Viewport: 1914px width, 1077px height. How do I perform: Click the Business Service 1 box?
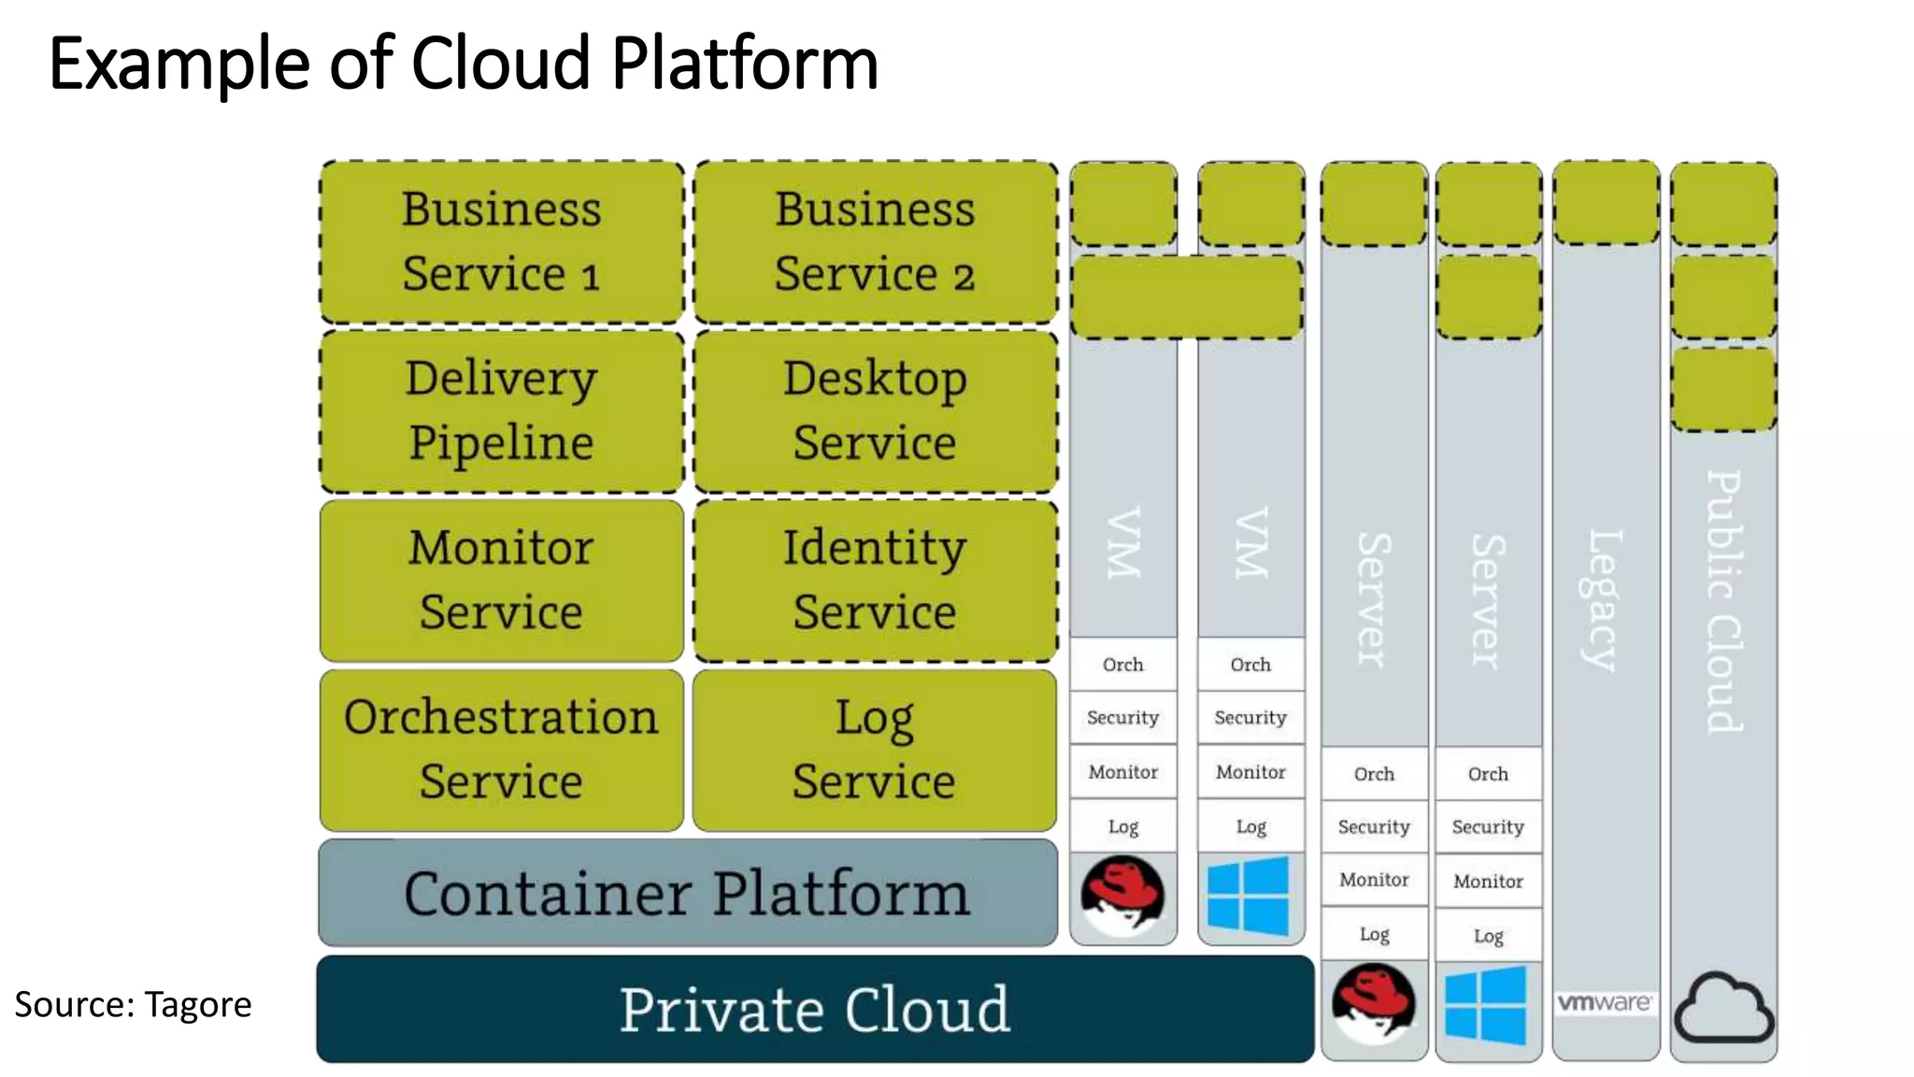pyautogui.click(x=502, y=242)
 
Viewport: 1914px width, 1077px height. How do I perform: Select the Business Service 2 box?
pyautogui.click(x=876, y=242)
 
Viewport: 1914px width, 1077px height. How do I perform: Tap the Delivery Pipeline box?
pyautogui.click(x=502, y=411)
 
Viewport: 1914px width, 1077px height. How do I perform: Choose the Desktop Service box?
pyautogui.click(x=876, y=411)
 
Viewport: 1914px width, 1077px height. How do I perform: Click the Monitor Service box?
pyautogui.click(x=502, y=581)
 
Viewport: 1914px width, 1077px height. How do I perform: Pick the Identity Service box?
pyautogui.click(x=876, y=581)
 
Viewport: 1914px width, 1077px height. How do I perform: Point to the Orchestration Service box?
pyautogui.click(x=502, y=750)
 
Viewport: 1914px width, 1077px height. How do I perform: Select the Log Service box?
pyautogui.click(x=875, y=750)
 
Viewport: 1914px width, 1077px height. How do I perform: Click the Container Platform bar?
pyautogui.click(x=688, y=893)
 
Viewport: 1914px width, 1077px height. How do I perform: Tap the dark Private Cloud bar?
pyautogui.click(x=815, y=1010)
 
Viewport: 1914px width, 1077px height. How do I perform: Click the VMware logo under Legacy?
pyautogui.click(x=1605, y=1003)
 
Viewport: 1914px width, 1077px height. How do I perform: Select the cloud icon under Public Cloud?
pyautogui.click(x=1723, y=1009)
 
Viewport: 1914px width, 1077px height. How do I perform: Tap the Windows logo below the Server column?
pyautogui.click(x=1486, y=1006)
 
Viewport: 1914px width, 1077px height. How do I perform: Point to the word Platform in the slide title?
pyautogui.click(x=745, y=64)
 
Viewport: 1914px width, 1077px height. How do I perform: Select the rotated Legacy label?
pyautogui.click(x=1605, y=600)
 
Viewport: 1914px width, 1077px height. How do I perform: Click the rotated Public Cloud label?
pyautogui.click(x=1724, y=601)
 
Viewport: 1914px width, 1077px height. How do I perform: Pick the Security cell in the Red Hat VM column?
pyautogui.click(x=1122, y=717)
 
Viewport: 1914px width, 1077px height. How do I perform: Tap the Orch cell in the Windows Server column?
pyautogui.click(x=1488, y=774)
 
